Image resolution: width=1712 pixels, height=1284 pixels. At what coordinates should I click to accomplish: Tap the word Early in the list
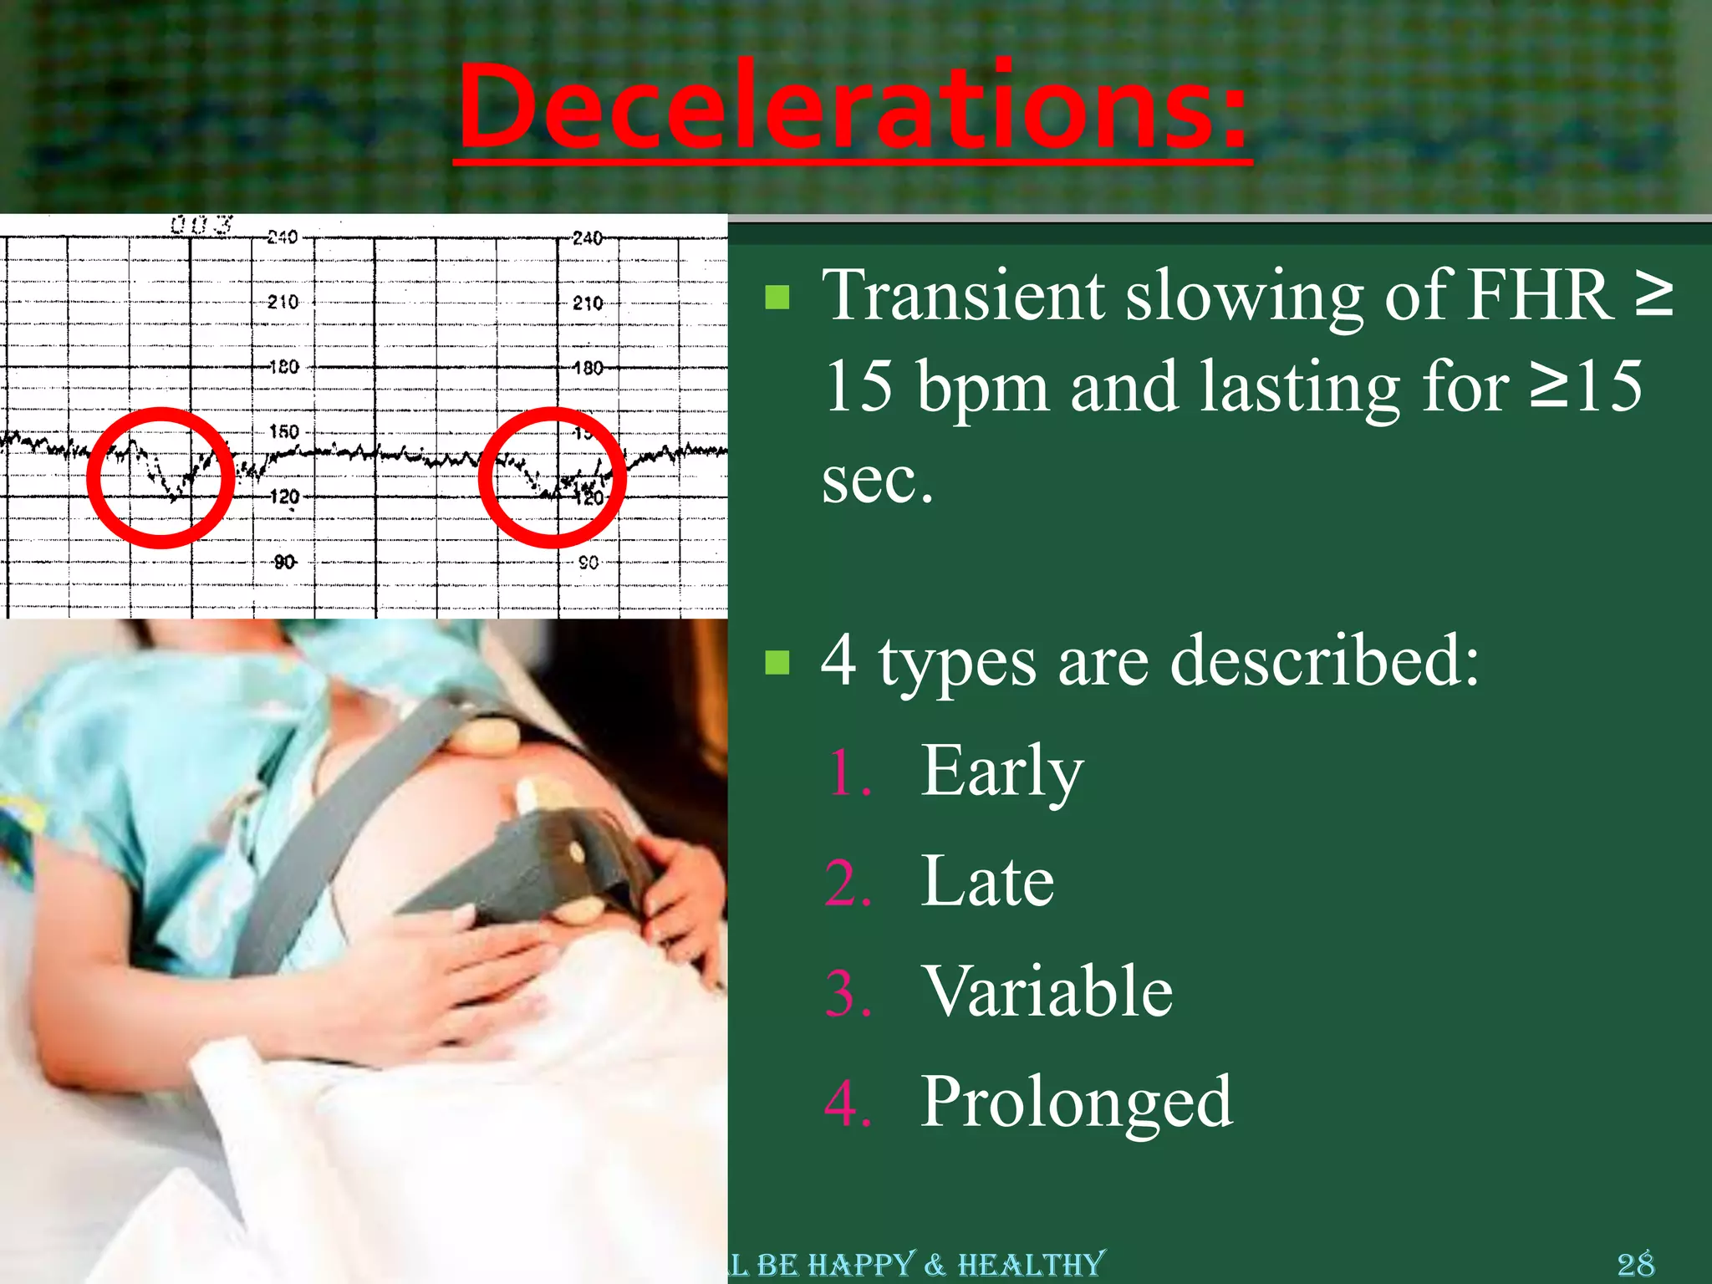[1001, 771]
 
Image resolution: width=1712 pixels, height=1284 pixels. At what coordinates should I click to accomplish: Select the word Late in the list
[986, 881]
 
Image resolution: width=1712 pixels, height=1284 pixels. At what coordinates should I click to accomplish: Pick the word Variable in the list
[1047, 991]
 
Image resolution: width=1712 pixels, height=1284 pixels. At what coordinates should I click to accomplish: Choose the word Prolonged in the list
[1076, 1102]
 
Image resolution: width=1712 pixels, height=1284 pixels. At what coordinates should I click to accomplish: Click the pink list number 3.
[848, 994]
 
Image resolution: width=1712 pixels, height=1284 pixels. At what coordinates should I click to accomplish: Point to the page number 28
[1635, 1263]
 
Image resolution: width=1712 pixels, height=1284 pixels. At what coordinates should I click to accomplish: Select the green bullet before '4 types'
[777, 662]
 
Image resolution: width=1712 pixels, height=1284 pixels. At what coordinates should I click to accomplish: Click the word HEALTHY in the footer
[1032, 1264]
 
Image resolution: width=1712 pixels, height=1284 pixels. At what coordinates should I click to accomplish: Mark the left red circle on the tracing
[160, 477]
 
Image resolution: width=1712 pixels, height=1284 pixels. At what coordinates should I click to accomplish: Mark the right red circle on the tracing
[553, 477]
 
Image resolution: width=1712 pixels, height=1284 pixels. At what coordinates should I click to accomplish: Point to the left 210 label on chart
[283, 302]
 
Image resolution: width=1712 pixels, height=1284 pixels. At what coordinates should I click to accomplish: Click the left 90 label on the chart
[284, 562]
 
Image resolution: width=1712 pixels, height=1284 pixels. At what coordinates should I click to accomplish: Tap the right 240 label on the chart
[588, 238]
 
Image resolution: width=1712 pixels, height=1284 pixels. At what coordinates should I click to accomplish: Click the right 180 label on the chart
[588, 368]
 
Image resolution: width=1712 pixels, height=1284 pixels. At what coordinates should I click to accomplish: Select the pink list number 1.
[849, 773]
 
